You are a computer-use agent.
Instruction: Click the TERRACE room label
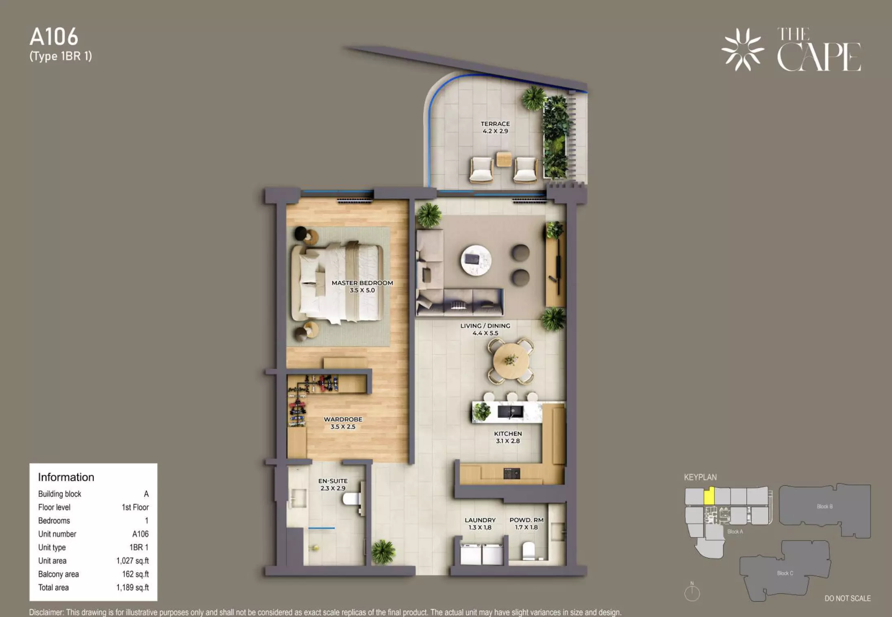(x=495, y=124)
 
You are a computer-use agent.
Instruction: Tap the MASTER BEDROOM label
(x=362, y=283)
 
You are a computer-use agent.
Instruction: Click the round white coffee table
(x=476, y=260)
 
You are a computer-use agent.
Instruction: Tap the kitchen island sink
(x=511, y=412)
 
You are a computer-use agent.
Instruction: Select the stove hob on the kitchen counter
(x=511, y=473)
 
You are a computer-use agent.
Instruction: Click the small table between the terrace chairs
(x=504, y=159)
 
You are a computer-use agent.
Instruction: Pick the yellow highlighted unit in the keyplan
(x=709, y=496)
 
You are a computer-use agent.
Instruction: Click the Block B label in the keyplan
(x=825, y=506)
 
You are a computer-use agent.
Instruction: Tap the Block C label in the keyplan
(x=785, y=573)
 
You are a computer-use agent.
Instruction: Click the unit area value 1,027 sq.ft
(x=133, y=561)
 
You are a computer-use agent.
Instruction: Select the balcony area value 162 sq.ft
(x=135, y=574)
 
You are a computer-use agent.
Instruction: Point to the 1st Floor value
(x=135, y=507)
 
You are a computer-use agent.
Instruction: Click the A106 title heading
(x=54, y=37)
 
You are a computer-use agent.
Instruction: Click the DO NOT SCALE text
(x=848, y=598)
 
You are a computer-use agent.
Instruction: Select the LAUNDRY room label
(x=480, y=520)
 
